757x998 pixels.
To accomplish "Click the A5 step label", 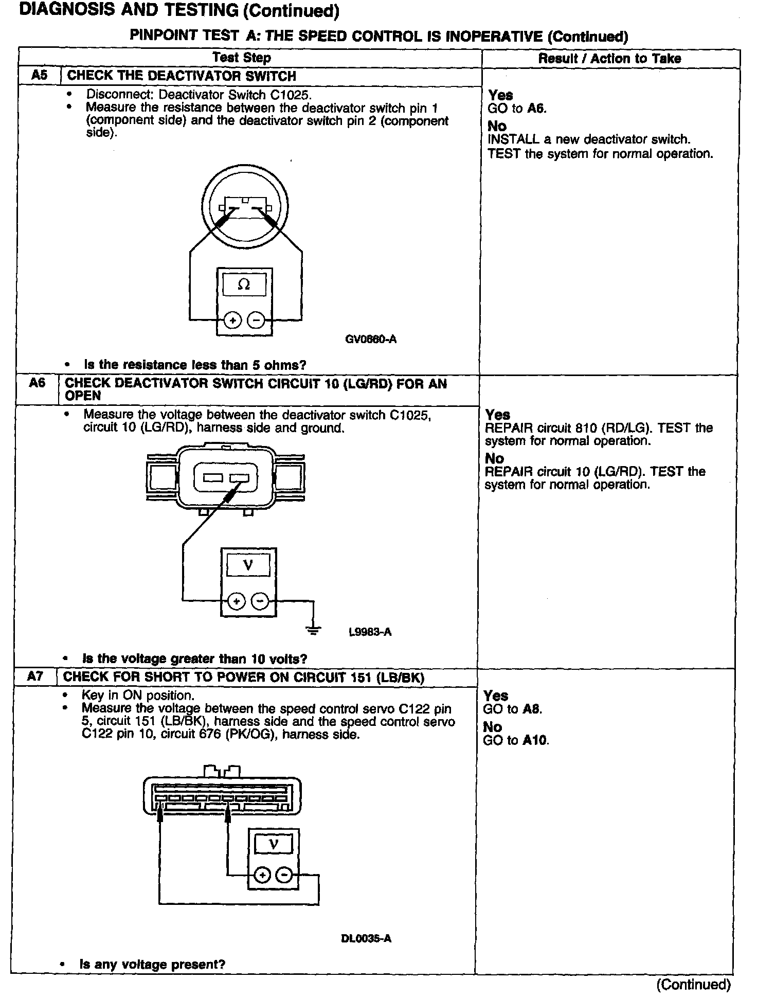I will pos(39,76).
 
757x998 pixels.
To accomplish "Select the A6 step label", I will pos(37,383).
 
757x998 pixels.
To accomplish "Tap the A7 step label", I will pos(35,676).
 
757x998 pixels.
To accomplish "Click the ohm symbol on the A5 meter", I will pos(244,284).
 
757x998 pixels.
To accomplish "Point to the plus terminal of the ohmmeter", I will pos(233,320).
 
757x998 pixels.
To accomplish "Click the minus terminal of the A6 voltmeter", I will pos(260,600).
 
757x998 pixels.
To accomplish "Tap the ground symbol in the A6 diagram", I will pos(313,630).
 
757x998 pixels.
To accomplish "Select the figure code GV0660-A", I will pos(371,340).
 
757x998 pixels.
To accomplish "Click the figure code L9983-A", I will pos(370,632).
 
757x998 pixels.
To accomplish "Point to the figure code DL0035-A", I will pos(366,939).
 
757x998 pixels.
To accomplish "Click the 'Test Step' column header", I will pos(242,58).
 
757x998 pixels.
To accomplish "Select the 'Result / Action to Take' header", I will pos(609,59).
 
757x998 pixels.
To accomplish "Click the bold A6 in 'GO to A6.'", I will pos(537,109).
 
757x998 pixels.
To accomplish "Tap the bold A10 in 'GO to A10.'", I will pos(535,741).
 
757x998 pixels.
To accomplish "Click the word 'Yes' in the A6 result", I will pos(498,415).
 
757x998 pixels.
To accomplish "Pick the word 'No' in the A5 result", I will pos(497,126).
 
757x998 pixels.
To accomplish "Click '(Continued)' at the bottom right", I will pos(693,985).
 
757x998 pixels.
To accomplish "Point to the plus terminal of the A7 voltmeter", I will pos(262,875).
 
